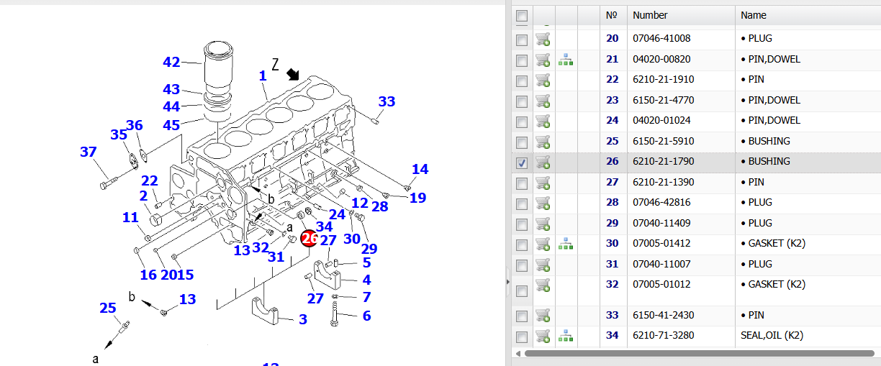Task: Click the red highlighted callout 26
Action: [310, 238]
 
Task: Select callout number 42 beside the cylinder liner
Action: [171, 63]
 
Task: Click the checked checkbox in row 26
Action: [522, 163]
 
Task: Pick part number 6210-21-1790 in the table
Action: [663, 161]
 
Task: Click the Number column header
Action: [650, 15]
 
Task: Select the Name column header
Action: [754, 15]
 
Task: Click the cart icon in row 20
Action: [543, 40]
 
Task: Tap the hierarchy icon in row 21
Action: [566, 60]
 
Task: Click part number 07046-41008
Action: [661, 38]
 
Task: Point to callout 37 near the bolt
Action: [88, 152]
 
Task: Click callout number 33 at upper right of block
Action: [387, 102]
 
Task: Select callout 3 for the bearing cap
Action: [303, 319]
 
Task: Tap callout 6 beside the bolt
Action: [366, 316]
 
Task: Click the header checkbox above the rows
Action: [522, 16]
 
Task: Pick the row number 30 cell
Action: [612, 243]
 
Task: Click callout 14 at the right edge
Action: [420, 170]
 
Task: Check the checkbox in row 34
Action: [522, 336]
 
